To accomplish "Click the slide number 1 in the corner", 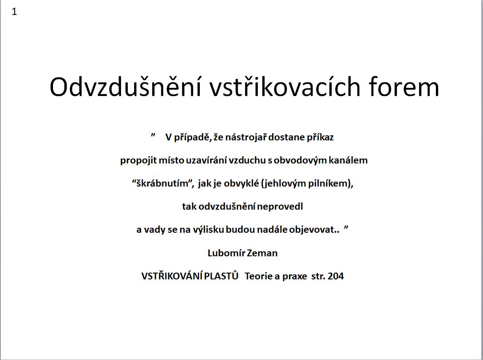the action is pos(14,12).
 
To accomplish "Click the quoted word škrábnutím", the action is pos(162,183).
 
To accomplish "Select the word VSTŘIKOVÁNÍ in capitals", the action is pos(172,276).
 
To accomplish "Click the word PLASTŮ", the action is pos(222,276).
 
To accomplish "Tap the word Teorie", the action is pos(258,276).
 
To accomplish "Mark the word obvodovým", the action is pos(300,160).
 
